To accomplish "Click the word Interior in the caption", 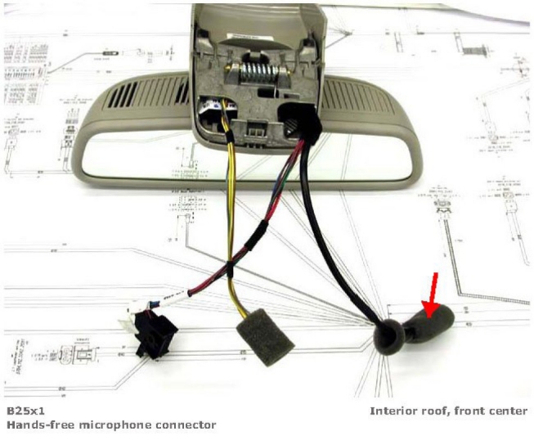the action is point(394,411).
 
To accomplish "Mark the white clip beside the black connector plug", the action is point(132,320).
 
